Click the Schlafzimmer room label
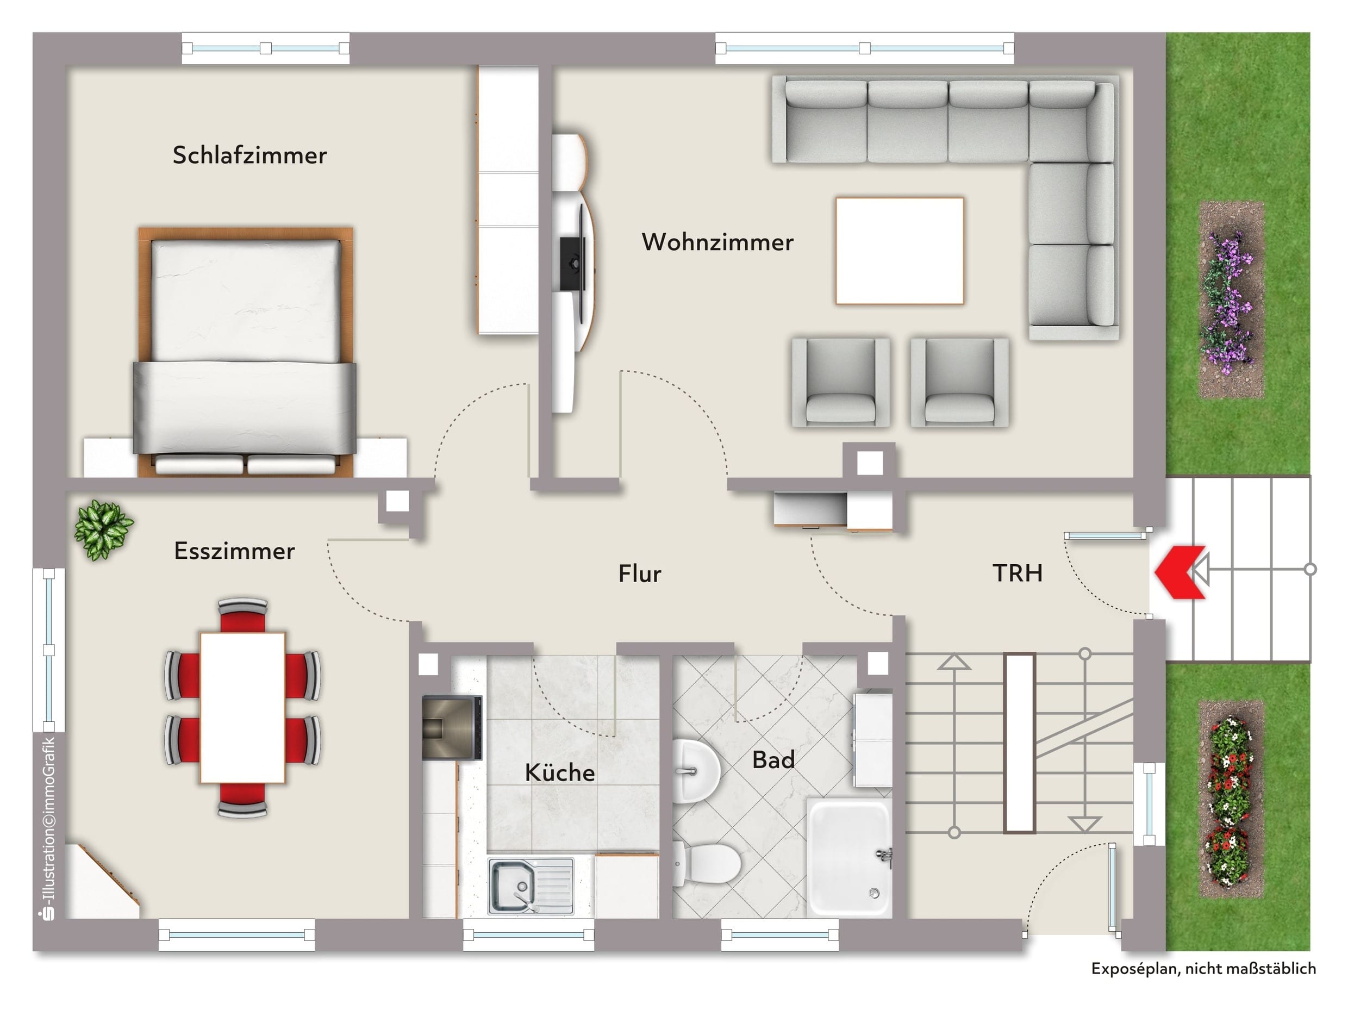click(x=249, y=155)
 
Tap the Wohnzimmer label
click(x=717, y=242)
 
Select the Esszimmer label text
click(x=235, y=551)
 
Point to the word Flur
click(x=640, y=573)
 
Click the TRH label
click(x=1017, y=573)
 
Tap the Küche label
click(x=559, y=772)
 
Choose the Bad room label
click(x=773, y=760)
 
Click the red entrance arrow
click(x=1181, y=572)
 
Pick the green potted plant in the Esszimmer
click(x=104, y=529)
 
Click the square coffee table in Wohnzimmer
click(x=900, y=251)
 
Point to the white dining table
click(x=242, y=708)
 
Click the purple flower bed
click(x=1231, y=300)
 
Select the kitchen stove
click(x=452, y=728)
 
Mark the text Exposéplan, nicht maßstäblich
click(x=1203, y=969)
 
